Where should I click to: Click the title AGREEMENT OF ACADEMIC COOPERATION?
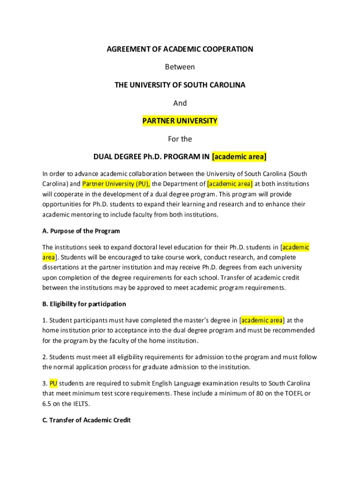point(180,49)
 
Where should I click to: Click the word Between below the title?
point(180,67)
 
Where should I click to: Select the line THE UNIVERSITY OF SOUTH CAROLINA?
point(180,85)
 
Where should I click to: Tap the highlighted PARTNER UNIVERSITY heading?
point(180,121)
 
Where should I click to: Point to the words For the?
point(180,139)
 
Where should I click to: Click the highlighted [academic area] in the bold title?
point(239,156)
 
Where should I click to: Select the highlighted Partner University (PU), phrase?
point(116,184)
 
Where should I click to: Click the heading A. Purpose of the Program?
point(81,231)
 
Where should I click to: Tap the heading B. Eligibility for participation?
point(84,304)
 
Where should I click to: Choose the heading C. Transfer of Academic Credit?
point(86,420)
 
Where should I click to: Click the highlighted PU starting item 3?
point(53,384)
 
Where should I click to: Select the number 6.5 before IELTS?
point(47,404)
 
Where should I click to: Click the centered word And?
point(180,103)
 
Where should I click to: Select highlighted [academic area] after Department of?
point(230,184)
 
